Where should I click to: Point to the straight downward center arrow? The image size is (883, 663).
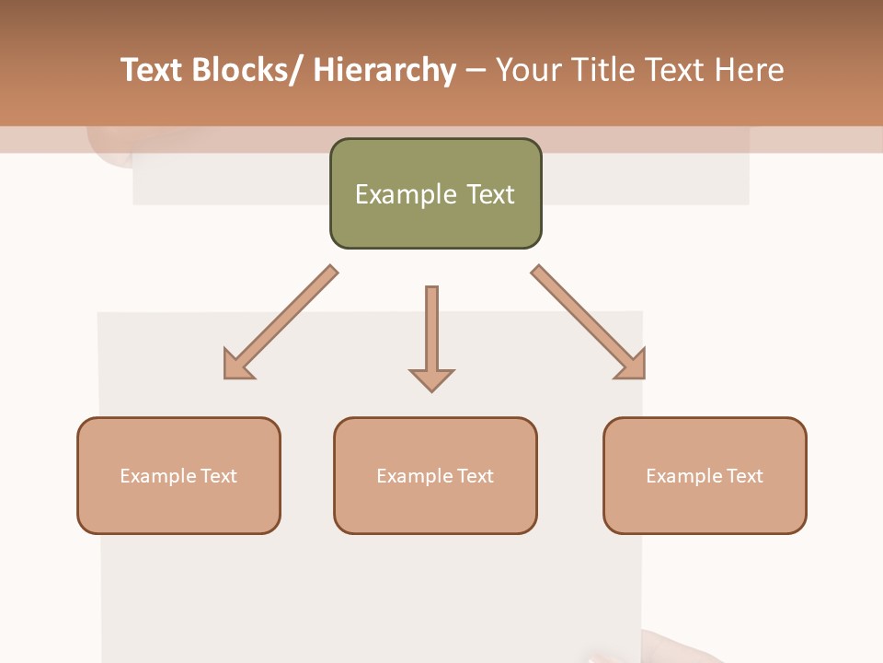point(431,331)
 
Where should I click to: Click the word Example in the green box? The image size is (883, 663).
point(406,194)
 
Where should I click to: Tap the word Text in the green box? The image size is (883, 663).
point(490,194)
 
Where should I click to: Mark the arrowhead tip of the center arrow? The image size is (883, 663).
point(431,389)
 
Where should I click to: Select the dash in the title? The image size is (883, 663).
point(476,70)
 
